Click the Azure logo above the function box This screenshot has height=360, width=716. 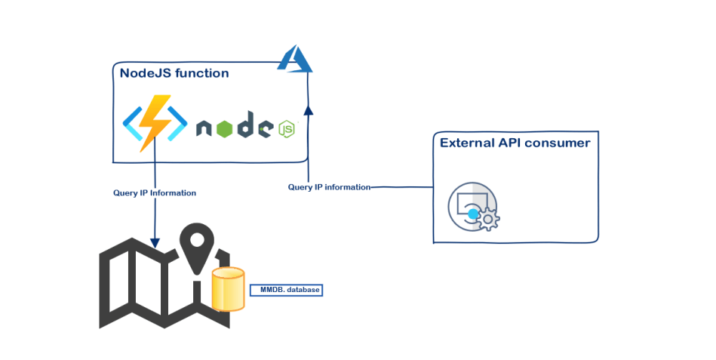[294, 60]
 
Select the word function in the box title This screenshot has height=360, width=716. [201, 73]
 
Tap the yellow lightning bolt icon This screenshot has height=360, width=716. [155, 121]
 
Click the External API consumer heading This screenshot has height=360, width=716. [515, 143]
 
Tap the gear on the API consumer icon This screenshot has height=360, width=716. [490, 220]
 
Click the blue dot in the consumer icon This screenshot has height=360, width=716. [473, 214]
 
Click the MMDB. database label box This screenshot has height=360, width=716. [287, 290]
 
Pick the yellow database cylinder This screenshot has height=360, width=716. [229, 289]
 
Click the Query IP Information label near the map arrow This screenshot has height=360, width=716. [155, 193]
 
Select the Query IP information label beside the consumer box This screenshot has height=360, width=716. [329, 187]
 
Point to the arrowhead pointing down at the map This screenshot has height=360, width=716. [155, 243]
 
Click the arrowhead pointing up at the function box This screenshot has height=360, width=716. [308, 110]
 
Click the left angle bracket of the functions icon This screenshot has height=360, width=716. [134, 123]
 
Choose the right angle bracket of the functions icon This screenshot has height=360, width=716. [177, 123]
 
